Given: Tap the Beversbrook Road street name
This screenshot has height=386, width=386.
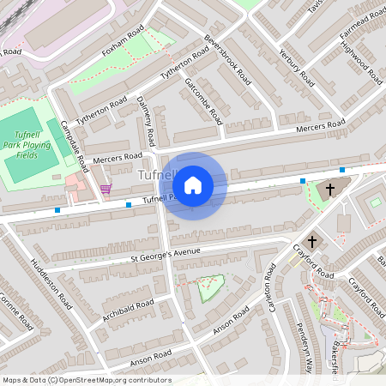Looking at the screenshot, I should (227, 59).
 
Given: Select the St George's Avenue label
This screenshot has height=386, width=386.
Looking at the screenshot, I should (165, 255).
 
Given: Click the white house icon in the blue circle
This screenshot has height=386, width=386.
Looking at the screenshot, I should (193, 184).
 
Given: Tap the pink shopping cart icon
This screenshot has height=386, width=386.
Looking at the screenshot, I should (106, 188).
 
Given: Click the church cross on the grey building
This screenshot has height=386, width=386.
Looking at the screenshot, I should (330, 190).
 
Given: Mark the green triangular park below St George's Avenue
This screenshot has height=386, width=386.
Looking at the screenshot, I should (208, 289).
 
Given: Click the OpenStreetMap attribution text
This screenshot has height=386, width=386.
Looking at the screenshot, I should (86, 380).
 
